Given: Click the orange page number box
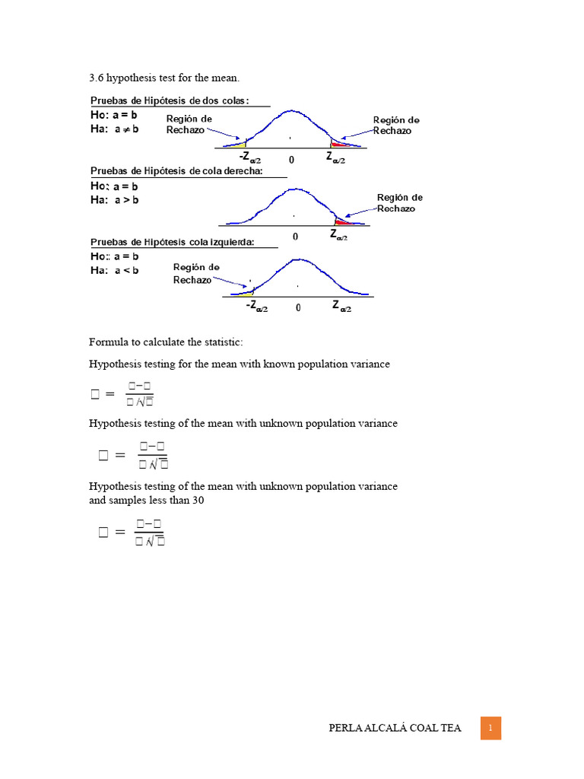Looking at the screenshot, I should click(490, 728).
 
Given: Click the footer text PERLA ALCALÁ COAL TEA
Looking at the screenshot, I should click(395, 729).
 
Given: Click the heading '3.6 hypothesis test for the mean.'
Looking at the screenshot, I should click(164, 78).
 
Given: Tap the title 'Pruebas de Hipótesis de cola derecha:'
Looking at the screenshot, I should click(176, 170).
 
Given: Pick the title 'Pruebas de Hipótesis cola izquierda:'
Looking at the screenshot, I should click(173, 242).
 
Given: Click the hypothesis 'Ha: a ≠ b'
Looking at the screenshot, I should click(115, 129).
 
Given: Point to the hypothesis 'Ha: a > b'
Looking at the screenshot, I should click(115, 200).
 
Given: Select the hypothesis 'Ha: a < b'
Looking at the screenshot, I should click(115, 270).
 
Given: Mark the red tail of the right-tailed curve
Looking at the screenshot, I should click(344, 222).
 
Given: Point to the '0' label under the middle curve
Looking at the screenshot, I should click(296, 237).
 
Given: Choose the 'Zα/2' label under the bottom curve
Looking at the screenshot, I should click(341, 307).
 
